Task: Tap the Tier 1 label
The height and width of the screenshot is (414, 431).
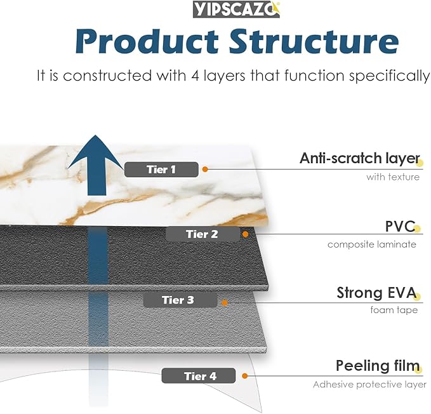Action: [161, 169]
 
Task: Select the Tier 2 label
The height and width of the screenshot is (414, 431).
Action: [202, 234]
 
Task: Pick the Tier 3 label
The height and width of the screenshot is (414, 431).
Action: [178, 300]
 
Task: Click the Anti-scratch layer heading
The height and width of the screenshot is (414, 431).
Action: [359, 158]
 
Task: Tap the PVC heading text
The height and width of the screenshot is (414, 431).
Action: [400, 227]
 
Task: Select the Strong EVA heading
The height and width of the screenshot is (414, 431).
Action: [376, 293]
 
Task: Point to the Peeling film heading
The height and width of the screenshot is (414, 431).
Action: [378, 366]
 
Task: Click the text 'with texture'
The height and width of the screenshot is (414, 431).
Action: [392, 177]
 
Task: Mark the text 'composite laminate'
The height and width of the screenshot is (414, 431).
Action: [372, 244]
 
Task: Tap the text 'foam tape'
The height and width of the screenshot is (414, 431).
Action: [394, 310]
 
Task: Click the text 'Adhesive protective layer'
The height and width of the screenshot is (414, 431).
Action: [369, 384]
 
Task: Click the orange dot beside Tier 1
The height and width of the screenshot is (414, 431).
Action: [205, 169]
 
